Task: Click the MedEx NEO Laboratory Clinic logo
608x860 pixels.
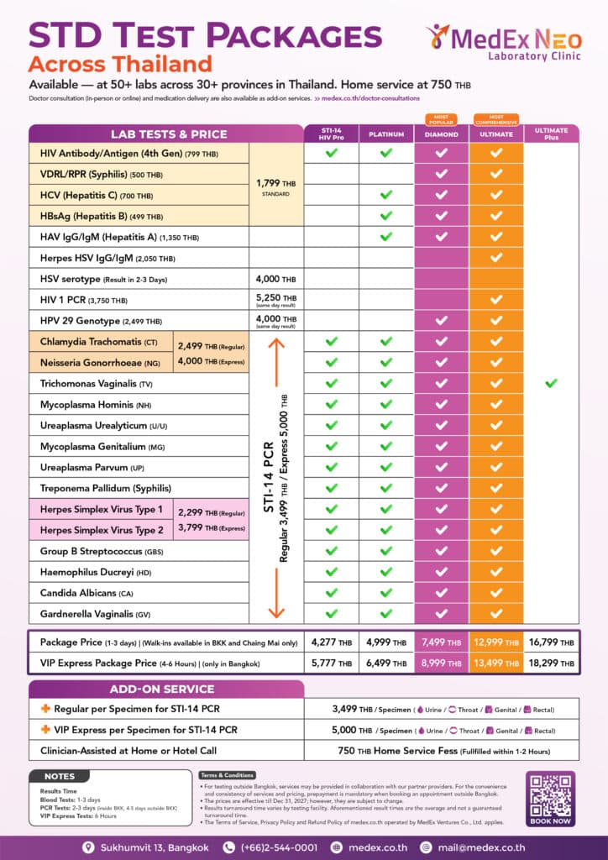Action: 500,41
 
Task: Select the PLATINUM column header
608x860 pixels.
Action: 386,134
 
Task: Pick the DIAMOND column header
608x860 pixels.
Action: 441,134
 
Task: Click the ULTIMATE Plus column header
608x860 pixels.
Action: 551,134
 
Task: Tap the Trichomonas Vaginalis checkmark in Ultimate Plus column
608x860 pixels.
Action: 551,383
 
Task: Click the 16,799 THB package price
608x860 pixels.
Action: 551,642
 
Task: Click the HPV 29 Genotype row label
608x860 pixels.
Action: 101,322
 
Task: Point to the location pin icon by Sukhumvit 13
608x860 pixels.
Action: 87,847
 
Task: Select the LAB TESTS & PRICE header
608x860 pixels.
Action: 168,134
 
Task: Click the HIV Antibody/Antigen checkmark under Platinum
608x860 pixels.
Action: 386,153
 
